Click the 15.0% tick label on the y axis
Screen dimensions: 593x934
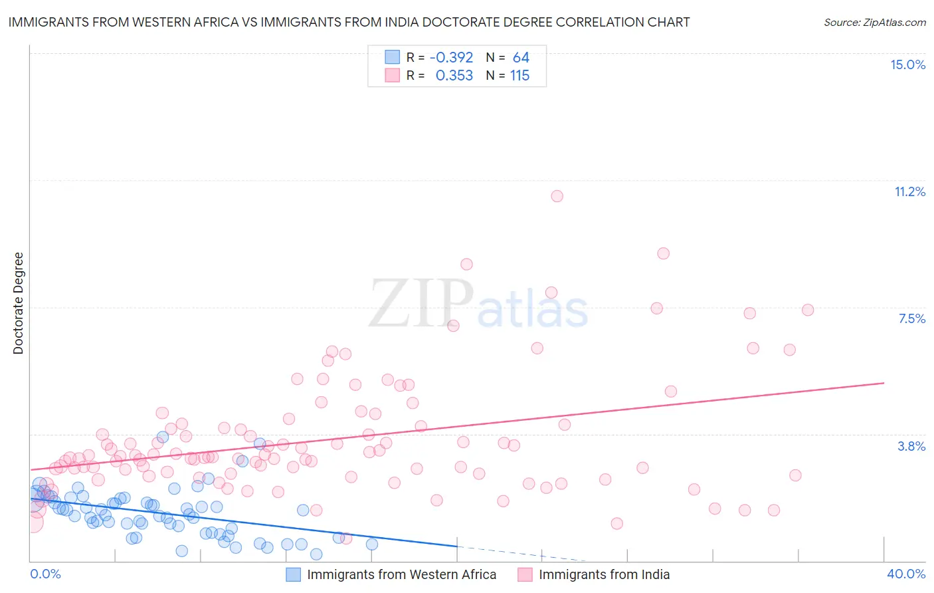click(907, 64)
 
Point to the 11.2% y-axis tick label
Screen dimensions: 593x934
click(909, 191)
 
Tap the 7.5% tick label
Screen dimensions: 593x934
click(911, 318)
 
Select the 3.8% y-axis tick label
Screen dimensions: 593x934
click(911, 446)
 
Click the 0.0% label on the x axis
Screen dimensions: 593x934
click(45, 574)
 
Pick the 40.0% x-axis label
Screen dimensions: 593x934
click(905, 574)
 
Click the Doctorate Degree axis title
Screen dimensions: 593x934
click(18, 303)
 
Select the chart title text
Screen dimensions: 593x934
click(349, 22)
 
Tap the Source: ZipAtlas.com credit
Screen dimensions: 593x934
click(874, 22)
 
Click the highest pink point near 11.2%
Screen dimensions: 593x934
click(557, 196)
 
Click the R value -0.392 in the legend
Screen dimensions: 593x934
click(451, 58)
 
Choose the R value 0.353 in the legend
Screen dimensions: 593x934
click(454, 76)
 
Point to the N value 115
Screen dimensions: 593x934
click(519, 76)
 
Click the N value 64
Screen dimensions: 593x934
click(521, 58)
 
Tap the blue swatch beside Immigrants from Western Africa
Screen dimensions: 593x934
click(294, 574)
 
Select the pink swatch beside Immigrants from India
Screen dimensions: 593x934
click(525, 574)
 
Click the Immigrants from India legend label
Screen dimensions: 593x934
click(604, 574)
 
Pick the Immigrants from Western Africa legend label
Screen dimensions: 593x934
click(401, 574)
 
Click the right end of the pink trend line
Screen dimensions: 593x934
click(884, 383)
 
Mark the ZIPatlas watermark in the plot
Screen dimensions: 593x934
click(478, 304)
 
